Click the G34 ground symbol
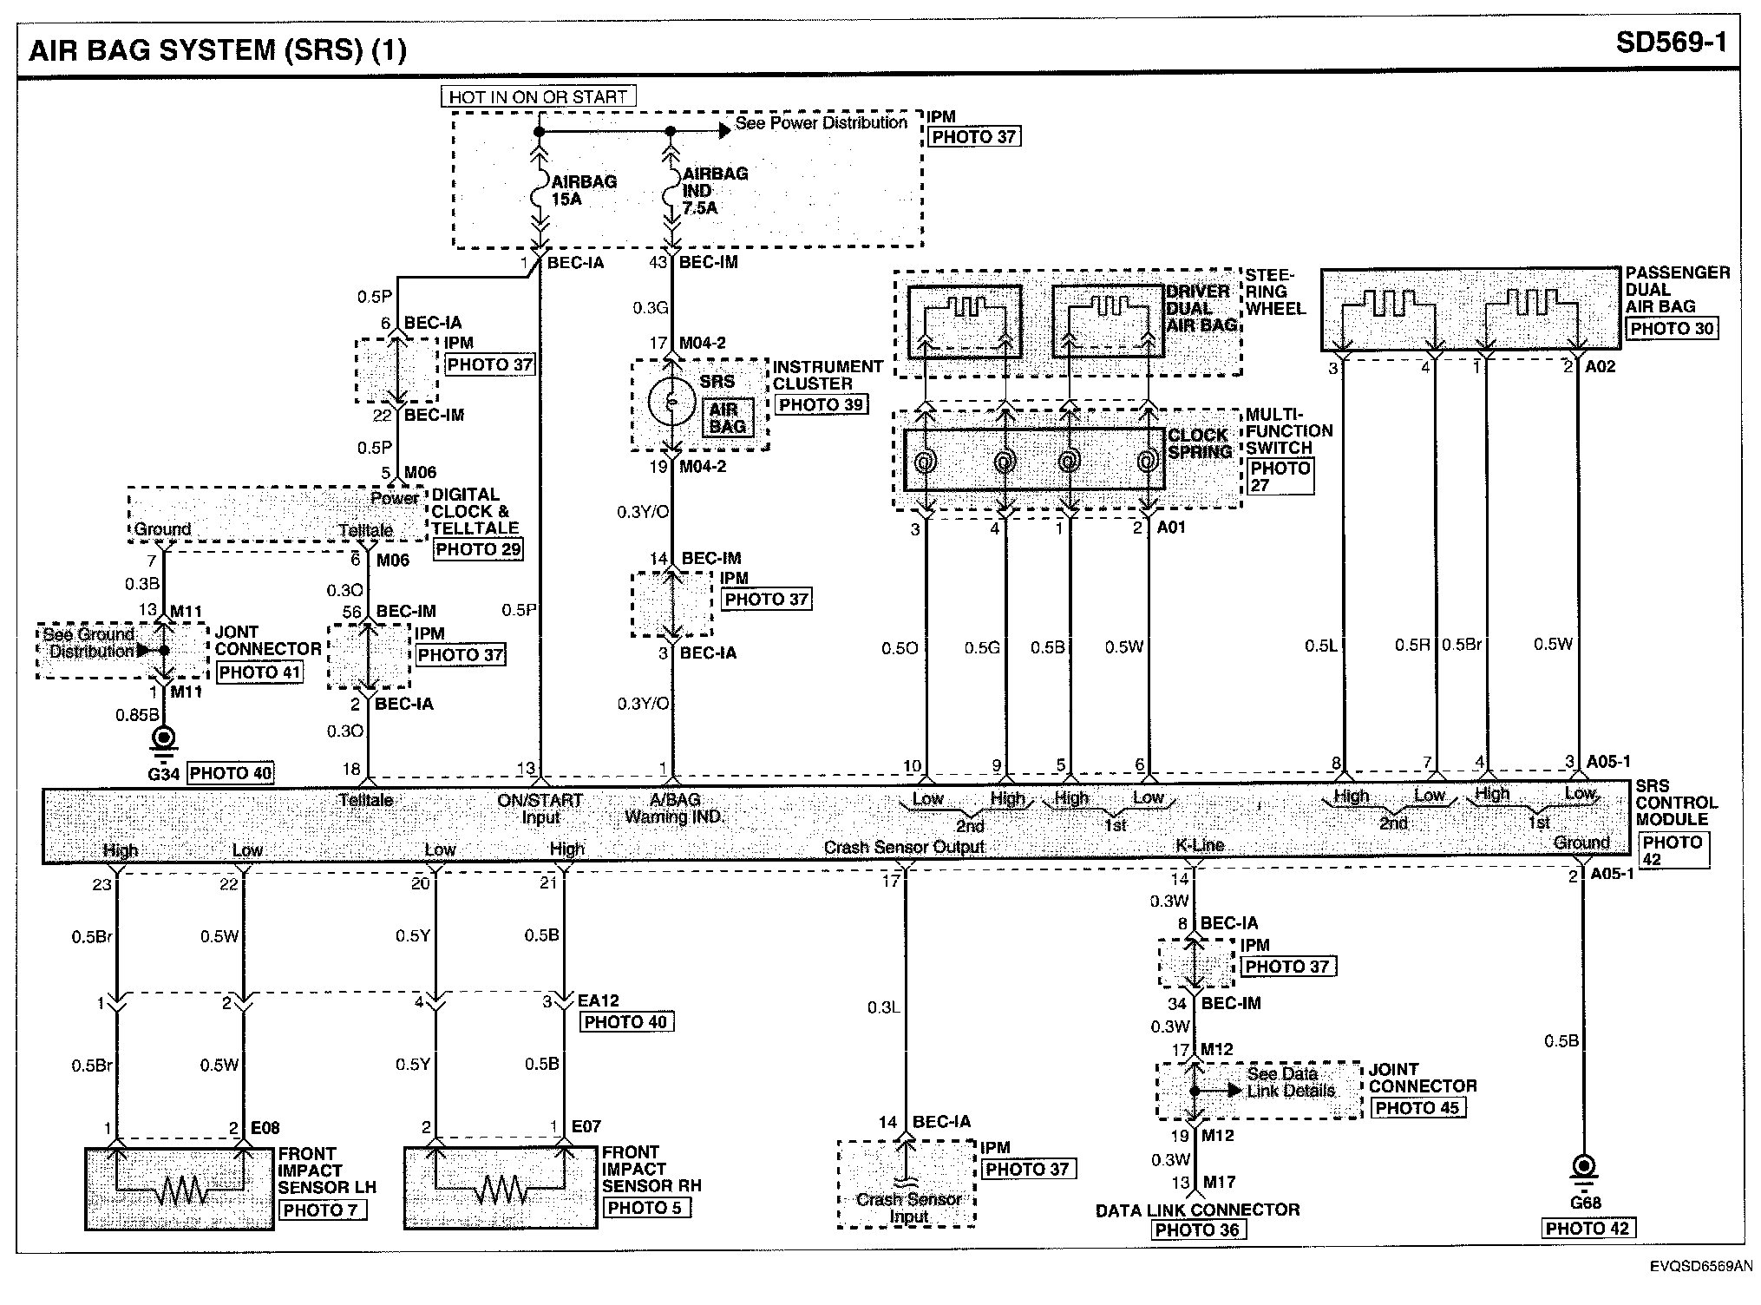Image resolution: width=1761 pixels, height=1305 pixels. [163, 738]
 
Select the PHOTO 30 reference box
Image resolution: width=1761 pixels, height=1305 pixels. [1672, 329]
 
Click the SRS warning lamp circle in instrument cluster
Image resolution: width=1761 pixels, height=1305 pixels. [671, 403]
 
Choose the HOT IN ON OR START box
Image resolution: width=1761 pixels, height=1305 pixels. [538, 96]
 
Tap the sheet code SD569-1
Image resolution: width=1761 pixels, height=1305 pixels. [1671, 43]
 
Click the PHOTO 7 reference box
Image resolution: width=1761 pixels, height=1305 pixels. [322, 1210]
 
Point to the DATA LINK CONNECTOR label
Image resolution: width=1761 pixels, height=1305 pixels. [1197, 1210]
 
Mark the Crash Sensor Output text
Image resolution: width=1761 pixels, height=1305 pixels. [904, 847]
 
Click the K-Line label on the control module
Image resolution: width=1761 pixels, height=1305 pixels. [1200, 845]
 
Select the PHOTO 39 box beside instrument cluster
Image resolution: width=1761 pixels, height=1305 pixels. [821, 405]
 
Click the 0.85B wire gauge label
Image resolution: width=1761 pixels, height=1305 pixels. [137, 715]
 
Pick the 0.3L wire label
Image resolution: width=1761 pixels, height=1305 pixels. [883, 1007]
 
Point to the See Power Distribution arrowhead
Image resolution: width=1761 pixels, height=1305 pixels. [724, 131]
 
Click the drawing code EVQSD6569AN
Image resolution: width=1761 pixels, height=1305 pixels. [1700, 1267]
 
